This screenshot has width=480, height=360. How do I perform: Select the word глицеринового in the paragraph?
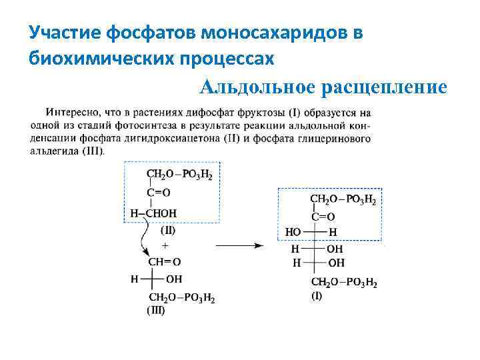(x=332, y=138)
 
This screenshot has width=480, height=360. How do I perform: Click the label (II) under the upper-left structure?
(x=168, y=231)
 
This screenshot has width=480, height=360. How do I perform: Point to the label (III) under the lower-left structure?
(x=155, y=310)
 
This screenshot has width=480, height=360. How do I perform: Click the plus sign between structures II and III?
(x=165, y=245)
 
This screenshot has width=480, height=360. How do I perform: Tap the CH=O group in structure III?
(x=164, y=261)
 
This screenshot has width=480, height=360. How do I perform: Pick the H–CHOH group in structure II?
(x=153, y=213)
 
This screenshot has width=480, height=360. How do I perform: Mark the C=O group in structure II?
(x=159, y=193)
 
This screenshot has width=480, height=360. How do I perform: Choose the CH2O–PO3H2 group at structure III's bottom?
(x=181, y=297)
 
